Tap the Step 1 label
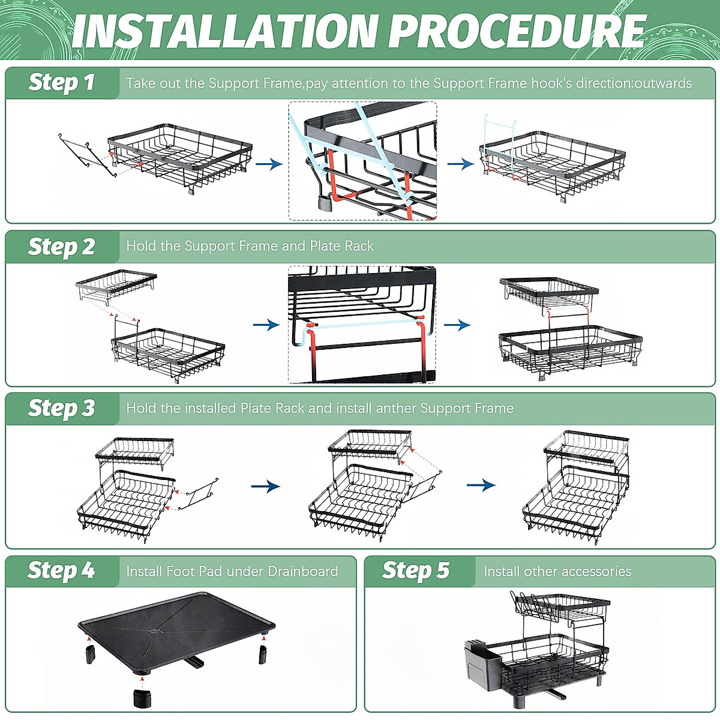tap(61, 82)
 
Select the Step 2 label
tap(61, 247)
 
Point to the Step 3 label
tap(61, 409)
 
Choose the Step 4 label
tap(61, 571)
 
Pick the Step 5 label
tap(415, 571)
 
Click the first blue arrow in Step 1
tap(268, 164)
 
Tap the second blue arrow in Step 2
tap(457, 325)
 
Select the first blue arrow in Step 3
tap(265, 486)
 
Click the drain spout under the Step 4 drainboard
tap(192, 663)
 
